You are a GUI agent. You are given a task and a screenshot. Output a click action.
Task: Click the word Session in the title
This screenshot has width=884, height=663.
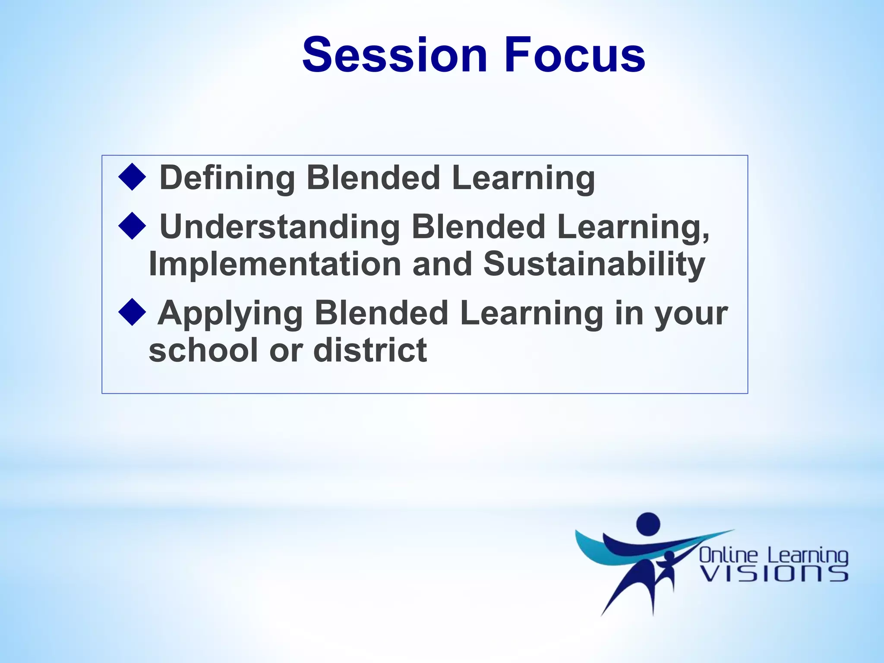tap(395, 55)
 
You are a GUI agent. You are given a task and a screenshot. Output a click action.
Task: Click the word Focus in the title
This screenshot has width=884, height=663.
tap(574, 55)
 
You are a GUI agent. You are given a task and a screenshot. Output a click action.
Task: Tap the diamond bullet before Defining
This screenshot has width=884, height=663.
tap(132, 177)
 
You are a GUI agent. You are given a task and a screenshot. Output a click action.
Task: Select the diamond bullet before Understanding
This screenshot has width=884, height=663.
tap(132, 226)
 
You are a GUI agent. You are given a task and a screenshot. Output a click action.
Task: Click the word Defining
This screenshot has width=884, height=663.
tap(227, 178)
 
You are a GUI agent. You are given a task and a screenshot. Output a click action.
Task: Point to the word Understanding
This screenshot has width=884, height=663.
tap(280, 227)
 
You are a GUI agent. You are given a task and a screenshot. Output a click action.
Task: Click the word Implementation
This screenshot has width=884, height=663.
tap(275, 264)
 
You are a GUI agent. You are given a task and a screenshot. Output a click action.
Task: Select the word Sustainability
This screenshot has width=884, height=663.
tap(594, 264)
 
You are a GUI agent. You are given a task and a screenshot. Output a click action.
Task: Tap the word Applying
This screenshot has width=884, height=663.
tap(230, 313)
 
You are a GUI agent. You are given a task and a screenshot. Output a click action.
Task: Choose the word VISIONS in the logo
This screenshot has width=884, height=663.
tap(774, 575)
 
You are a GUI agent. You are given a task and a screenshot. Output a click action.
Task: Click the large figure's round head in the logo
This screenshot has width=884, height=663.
tap(648, 524)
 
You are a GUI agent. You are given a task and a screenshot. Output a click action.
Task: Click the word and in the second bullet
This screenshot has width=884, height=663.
tap(442, 264)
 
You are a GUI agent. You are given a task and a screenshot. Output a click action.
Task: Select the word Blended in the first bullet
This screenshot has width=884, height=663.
tap(373, 178)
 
